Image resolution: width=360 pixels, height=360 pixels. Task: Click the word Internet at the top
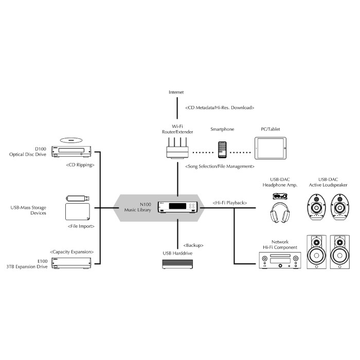click(176, 92)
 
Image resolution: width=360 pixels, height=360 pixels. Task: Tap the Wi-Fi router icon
click(176, 151)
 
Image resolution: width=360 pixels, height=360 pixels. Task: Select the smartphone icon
click(222, 150)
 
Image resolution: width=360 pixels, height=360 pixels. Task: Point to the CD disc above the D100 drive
click(71, 139)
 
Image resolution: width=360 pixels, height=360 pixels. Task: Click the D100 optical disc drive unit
click(72, 151)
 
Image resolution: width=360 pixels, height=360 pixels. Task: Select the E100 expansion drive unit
click(72, 262)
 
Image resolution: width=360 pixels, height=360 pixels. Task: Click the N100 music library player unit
click(176, 206)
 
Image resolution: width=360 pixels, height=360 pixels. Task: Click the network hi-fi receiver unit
click(279, 260)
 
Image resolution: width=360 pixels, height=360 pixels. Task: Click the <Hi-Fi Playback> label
click(229, 204)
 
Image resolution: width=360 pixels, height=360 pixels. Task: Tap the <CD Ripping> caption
click(80, 166)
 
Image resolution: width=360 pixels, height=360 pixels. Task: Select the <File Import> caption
click(81, 226)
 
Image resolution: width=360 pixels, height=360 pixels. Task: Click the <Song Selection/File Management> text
click(220, 167)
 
